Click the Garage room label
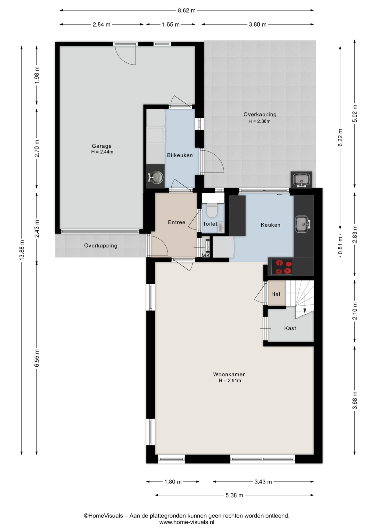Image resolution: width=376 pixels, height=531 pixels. click(x=102, y=146)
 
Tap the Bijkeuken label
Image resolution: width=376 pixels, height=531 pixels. click(x=180, y=155)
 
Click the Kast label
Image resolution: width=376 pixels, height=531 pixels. click(x=290, y=328)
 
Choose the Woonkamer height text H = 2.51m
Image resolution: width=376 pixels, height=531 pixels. click(x=230, y=381)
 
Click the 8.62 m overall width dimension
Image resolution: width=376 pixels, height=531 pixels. click(x=187, y=11)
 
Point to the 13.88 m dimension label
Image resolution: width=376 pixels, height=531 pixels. click(x=22, y=250)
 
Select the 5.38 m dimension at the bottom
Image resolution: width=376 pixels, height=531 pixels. click(x=234, y=495)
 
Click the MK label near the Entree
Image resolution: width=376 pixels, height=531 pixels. click(x=206, y=256)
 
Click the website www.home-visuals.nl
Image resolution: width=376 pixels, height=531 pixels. click(x=187, y=522)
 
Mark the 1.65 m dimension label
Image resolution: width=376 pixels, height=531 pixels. click(x=171, y=24)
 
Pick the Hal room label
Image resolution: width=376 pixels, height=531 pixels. click(x=275, y=294)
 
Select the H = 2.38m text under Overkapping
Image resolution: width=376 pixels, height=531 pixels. click(x=259, y=121)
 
